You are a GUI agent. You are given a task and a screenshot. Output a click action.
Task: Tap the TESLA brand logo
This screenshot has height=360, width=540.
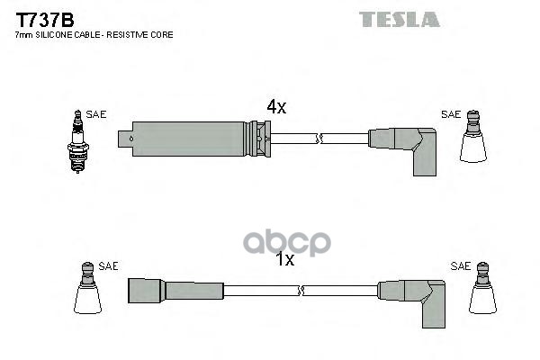coord(400,19)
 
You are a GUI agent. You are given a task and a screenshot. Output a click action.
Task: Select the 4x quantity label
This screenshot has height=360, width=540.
coord(275,107)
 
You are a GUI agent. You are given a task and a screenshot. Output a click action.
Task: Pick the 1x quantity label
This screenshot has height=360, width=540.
coord(284,260)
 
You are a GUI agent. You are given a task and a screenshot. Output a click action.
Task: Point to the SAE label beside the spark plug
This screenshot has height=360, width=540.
coord(96,114)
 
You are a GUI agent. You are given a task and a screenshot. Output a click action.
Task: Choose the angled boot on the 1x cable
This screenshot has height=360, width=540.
coord(415,297)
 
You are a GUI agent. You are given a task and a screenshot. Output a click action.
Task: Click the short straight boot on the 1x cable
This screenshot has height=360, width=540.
coord(175,290)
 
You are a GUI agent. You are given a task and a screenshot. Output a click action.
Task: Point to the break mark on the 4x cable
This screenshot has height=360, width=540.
coord(319,138)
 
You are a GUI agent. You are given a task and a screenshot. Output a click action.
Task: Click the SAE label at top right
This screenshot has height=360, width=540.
coord(451,114)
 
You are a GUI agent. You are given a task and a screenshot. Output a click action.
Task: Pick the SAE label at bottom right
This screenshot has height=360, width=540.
coord(460,265)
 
